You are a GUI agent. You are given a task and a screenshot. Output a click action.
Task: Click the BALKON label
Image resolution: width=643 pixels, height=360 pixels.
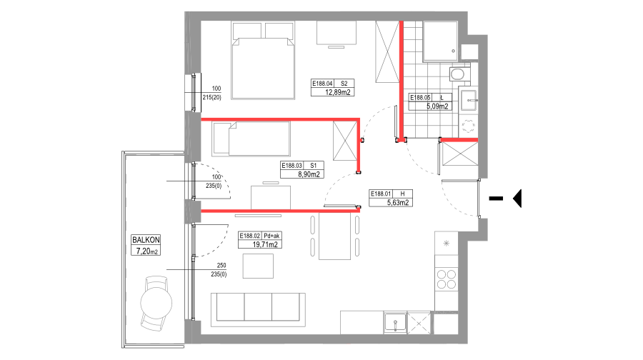(146, 240)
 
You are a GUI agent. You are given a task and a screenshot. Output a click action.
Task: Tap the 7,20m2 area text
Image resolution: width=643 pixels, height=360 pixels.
(146, 251)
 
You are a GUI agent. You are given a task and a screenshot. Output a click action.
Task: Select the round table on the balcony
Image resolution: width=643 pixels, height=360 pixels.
(156, 303)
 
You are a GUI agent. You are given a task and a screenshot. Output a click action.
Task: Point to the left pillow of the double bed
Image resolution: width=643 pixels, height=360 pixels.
(246, 31)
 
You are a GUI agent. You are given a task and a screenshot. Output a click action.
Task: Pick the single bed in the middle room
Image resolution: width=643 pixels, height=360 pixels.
(251, 139)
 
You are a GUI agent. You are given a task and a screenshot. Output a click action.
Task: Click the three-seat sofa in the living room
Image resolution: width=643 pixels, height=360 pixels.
(258, 309)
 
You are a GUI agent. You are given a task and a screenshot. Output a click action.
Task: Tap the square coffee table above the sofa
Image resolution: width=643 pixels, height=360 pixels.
(258, 266)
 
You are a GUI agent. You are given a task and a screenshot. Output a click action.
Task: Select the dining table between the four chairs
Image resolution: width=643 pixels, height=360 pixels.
(334, 236)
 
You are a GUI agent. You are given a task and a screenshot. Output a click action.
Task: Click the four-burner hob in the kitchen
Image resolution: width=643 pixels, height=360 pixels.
(447, 279)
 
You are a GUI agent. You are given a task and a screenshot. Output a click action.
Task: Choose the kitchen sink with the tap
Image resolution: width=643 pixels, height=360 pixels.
(394, 323)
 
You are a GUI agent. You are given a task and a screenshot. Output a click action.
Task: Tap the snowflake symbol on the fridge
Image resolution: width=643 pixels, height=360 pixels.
(447, 244)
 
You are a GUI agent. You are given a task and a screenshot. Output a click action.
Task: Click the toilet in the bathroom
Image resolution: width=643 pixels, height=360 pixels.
(458, 74)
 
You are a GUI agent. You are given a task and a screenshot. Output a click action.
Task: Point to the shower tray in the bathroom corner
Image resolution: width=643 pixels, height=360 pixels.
(441, 41)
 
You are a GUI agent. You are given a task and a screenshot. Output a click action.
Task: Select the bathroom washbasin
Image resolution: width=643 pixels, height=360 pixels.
(469, 99)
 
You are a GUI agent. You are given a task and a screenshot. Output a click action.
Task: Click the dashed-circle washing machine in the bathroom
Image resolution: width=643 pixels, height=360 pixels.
(469, 126)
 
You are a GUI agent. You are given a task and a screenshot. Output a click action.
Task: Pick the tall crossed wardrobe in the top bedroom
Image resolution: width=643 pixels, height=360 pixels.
(387, 52)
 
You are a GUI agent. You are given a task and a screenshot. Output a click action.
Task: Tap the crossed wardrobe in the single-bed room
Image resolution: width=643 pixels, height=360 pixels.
(345, 141)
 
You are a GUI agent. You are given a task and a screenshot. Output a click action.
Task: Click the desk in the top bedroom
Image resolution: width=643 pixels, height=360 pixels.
(337, 33)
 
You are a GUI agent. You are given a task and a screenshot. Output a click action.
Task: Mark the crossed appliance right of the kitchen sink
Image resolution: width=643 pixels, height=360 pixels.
(419, 324)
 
